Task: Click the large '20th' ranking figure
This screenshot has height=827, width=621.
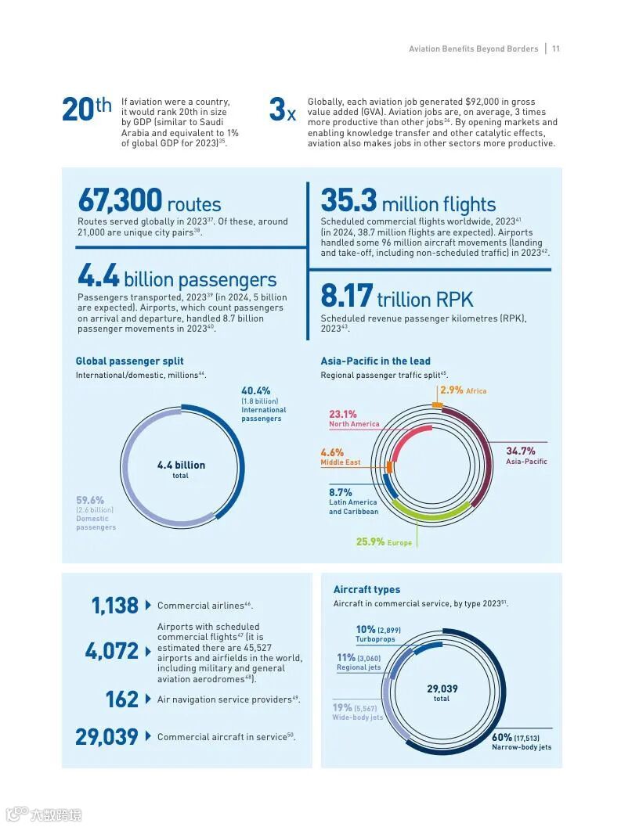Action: tap(86, 110)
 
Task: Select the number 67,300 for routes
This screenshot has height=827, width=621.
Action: tap(120, 201)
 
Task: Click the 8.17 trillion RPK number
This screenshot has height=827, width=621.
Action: tap(346, 297)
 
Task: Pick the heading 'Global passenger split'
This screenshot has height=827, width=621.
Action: tap(129, 361)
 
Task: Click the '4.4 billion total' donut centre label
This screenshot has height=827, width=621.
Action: tap(181, 469)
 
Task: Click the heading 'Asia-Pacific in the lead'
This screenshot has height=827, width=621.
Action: tap(375, 361)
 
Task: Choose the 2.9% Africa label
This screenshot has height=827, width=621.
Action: tap(463, 390)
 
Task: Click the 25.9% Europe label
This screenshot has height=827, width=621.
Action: tap(383, 541)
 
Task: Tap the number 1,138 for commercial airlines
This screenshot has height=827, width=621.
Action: tap(114, 605)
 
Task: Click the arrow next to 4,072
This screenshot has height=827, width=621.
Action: tap(148, 651)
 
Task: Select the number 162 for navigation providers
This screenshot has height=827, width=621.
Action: tap(121, 699)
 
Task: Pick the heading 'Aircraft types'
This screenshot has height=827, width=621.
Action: tap(366, 589)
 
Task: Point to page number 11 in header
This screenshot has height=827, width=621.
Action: tap(555, 49)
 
